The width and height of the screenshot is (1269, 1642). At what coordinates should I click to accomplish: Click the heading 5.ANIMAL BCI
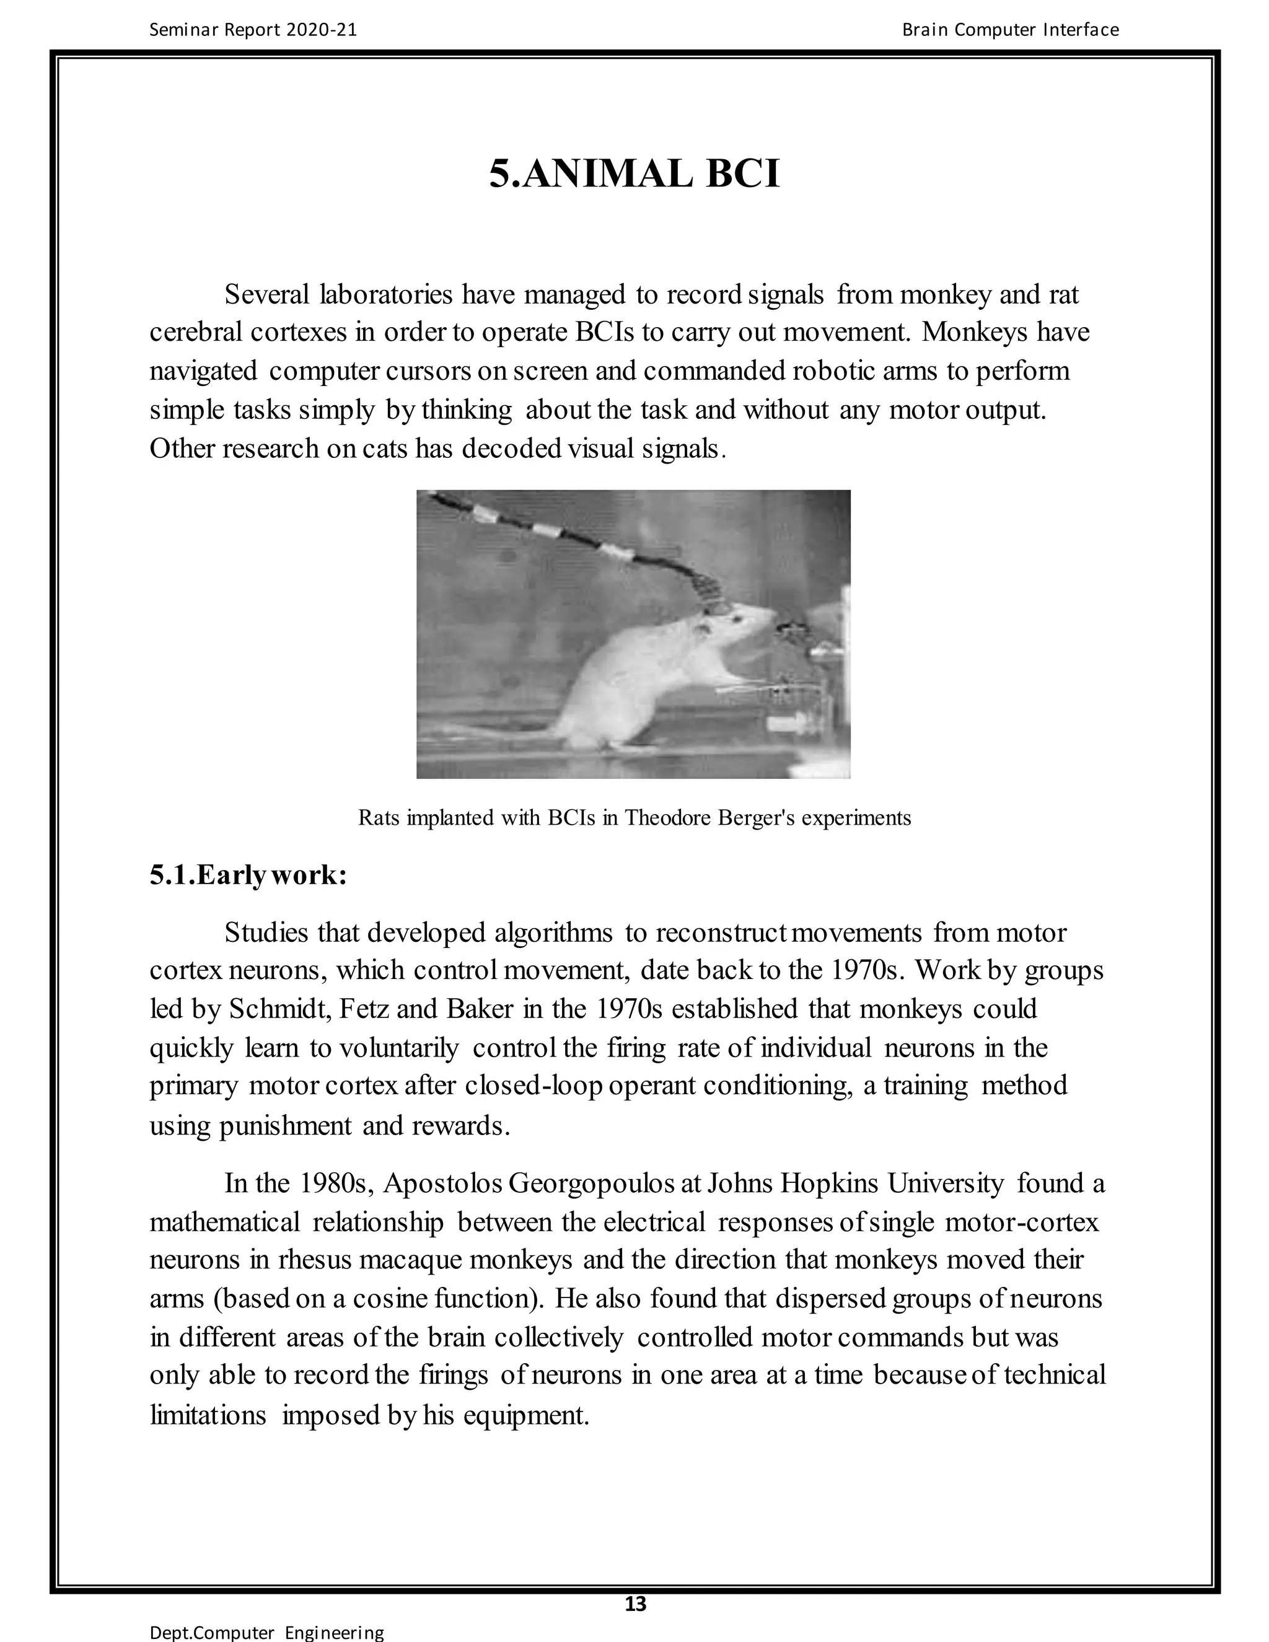pos(634,173)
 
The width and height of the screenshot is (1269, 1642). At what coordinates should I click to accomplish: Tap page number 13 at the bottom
pos(635,1604)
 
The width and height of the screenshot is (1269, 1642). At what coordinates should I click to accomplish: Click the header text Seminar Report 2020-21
pos(253,30)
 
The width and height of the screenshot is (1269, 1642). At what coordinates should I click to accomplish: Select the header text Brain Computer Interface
pos(1011,30)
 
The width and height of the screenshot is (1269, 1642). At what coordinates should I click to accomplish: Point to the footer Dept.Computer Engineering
pos(267,1632)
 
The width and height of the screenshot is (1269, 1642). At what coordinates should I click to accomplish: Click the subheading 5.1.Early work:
pos(248,875)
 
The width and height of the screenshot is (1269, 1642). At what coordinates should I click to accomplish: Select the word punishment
pos(285,1125)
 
